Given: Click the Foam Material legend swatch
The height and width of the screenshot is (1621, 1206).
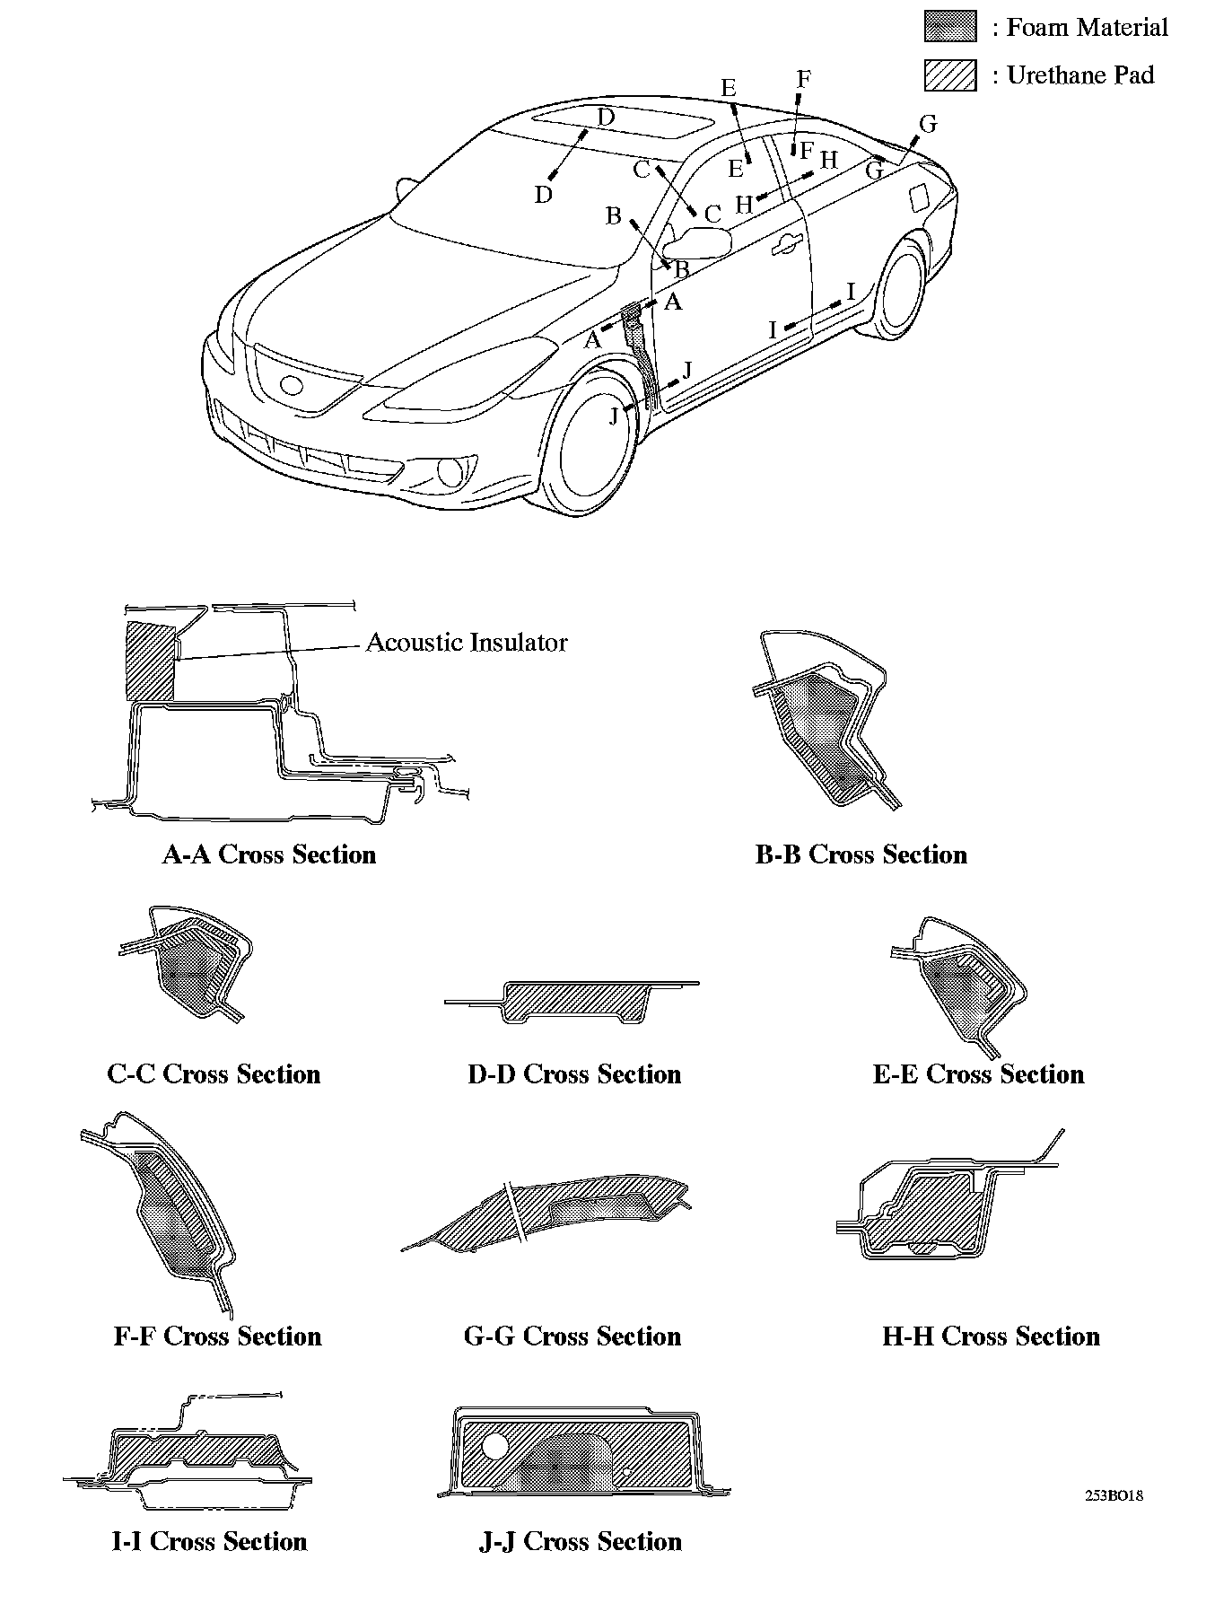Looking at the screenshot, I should click(x=950, y=27).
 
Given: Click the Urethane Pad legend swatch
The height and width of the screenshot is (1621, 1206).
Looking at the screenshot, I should click(x=950, y=75).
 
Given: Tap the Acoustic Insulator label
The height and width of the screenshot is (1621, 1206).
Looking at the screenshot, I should click(x=466, y=643).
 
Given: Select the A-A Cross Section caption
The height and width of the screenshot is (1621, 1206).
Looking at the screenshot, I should click(x=268, y=854).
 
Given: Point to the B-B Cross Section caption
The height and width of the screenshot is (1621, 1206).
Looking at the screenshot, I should click(x=861, y=854).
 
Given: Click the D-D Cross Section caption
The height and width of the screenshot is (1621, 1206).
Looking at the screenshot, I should click(x=574, y=1074).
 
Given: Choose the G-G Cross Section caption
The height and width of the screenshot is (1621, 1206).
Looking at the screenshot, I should click(x=572, y=1336).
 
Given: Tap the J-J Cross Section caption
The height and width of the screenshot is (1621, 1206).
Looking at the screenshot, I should click(x=580, y=1542).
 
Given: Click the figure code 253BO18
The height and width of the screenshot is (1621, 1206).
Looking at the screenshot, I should click(x=1113, y=1495).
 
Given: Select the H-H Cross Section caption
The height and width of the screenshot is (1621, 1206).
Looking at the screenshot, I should click(x=991, y=1336).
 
